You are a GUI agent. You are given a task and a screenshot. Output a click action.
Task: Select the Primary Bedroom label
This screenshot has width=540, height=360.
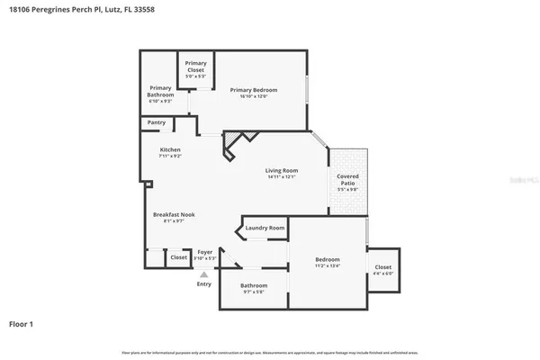point(253,90)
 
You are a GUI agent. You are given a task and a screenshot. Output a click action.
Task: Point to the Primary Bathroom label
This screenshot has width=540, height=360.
point(160,91)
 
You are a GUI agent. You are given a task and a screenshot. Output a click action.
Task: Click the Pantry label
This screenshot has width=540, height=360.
point(155,122)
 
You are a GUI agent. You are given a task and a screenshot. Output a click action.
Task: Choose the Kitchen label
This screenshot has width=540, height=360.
point(170,149)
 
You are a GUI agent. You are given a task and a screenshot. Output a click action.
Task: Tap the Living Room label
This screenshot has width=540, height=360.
point(281,170)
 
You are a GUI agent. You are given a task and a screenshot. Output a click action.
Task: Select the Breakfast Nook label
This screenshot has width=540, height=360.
point(174,214)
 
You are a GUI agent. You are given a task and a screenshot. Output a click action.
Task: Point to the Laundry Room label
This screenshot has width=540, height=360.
point(265,229)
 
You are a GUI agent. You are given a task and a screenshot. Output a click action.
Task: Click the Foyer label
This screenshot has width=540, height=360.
point(205,253)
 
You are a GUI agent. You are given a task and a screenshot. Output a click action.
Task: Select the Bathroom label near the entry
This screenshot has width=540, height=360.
point(253,285)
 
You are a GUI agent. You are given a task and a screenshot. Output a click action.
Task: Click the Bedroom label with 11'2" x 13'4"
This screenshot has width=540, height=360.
point(327,260)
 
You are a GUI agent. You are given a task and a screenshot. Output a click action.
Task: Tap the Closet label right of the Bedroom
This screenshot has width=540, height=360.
point(382,266)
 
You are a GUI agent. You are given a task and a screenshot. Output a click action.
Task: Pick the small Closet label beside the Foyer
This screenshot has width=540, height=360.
point(178,257)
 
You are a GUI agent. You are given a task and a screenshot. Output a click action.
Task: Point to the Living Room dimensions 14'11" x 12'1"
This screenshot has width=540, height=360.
point(281,176)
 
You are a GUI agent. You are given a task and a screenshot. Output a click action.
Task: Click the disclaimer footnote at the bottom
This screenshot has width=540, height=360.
point(269,352)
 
